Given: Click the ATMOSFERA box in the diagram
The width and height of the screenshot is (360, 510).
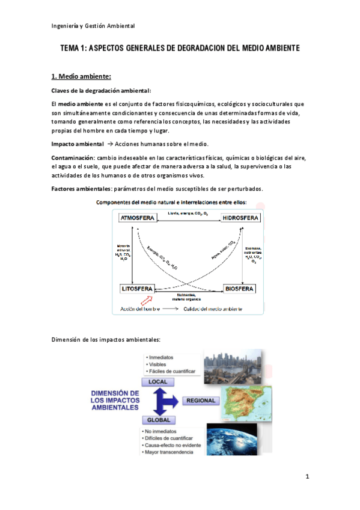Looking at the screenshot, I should click(x=136, y=218).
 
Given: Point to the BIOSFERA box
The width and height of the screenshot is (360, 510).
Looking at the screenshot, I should click(x=240, y=289).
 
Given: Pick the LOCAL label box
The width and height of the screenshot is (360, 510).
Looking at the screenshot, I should click(x=157, y=382).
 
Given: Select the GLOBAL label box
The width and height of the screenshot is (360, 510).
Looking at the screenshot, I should click(x=157, y=420).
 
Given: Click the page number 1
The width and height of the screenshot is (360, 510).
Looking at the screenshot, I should click(x=307, y=478).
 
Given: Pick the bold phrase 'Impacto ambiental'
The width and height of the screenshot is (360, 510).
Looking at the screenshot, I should click(x=78, y=144).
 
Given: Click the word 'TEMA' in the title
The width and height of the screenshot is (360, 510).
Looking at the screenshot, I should click(x=71, y=48).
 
